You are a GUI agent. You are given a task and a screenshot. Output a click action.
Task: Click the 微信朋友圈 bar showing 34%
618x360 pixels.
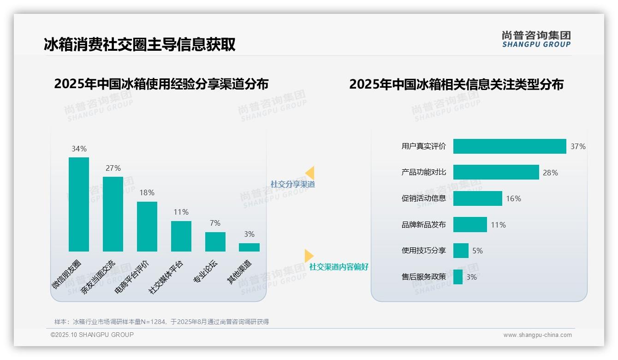[79, 204]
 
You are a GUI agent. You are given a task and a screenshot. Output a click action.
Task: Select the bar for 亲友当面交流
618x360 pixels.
[113, 214]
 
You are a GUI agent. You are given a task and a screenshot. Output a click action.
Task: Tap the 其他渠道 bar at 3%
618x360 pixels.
[249, 247]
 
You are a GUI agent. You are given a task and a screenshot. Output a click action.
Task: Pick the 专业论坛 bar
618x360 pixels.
[215, 242]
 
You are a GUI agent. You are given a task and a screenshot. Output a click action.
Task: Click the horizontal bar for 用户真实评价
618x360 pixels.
[510, 146]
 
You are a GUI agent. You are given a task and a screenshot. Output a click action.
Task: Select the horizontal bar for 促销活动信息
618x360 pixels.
[477, 198]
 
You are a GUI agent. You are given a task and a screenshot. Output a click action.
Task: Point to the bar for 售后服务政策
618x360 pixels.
[458, 277]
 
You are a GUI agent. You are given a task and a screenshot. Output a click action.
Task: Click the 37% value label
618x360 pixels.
[578, 146]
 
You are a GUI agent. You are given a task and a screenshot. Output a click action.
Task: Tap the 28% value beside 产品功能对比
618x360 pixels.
[550, 173]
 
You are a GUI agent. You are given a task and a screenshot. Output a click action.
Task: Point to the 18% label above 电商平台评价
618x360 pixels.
[147, 192]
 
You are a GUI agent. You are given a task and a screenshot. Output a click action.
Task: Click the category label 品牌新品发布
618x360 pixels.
[424, 225]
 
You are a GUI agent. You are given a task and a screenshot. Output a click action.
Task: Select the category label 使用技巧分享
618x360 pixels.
[424, 251]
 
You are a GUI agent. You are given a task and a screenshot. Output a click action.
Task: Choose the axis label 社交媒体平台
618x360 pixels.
[166, 277]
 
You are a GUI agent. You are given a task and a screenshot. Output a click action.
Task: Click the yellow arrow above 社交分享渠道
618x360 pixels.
[310, 173]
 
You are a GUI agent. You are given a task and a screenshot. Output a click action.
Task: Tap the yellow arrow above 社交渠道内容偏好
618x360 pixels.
[309, 255]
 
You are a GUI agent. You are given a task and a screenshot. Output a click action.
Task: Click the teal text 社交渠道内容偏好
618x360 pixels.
[339, 267]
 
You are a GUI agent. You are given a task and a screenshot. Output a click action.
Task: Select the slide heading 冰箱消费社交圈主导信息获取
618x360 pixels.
[140, 44]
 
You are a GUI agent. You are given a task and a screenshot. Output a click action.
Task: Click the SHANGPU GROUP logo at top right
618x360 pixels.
[536, 39]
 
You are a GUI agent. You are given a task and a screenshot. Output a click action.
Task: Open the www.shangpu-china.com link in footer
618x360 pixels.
[537, 335]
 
